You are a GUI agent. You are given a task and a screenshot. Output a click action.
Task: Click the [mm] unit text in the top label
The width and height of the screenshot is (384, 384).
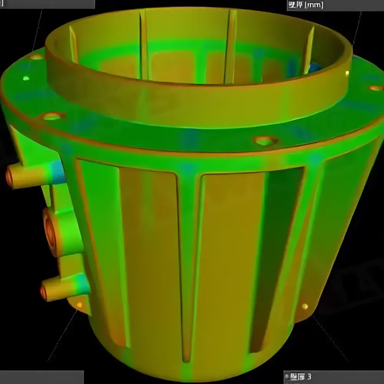(313, 5)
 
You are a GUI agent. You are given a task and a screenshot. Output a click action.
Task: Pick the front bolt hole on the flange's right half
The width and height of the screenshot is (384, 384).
(265, 141)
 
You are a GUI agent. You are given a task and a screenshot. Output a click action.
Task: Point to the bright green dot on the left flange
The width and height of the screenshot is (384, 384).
(26, 78)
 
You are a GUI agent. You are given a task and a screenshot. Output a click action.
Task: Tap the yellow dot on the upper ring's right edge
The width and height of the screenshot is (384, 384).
(347, 73)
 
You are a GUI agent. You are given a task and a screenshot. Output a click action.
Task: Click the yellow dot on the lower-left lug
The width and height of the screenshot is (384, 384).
(79, 305)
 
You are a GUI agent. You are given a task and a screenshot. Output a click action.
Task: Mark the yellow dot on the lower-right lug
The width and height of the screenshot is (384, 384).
(305, 306)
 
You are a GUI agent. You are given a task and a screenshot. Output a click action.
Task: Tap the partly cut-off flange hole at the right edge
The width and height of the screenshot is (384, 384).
(377, 88)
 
